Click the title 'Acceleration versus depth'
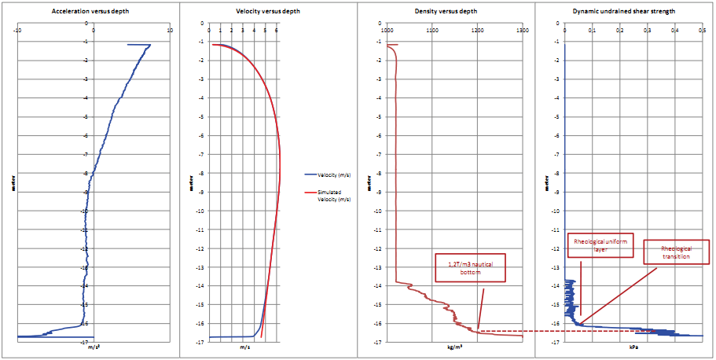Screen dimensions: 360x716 click(90, 12)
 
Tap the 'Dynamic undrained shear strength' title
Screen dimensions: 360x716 click(625, 12)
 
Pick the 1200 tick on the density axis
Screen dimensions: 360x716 click(477, 31)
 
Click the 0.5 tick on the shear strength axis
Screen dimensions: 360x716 click(701, 31)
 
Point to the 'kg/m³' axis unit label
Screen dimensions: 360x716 click(454, 347)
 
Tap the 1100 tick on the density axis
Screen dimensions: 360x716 click(431, 31)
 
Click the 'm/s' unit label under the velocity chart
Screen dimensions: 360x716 click(244, 347)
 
